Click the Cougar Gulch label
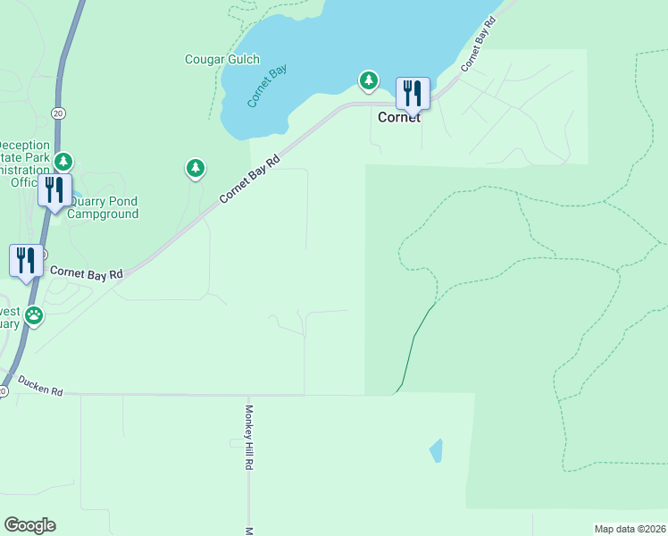221,60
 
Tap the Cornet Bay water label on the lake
265,88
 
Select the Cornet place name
398,117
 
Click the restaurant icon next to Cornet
413,92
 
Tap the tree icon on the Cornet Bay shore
368,80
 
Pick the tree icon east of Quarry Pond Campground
196,167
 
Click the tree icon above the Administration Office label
63,162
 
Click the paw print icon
34,314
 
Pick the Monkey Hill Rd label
250,438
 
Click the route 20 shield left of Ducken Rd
4,391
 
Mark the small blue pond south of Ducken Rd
436,449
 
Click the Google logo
29,525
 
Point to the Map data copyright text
630,529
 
